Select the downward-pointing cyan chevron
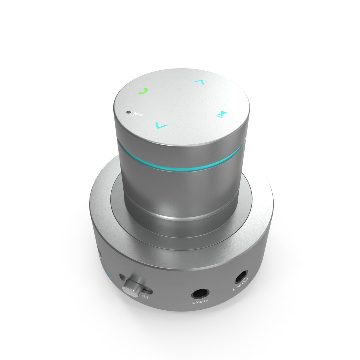(161, 126)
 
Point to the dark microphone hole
(128, 112)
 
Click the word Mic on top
(138, 114)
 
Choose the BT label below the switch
(145, 296)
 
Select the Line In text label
(200, 303)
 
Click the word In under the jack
(206, 302)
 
